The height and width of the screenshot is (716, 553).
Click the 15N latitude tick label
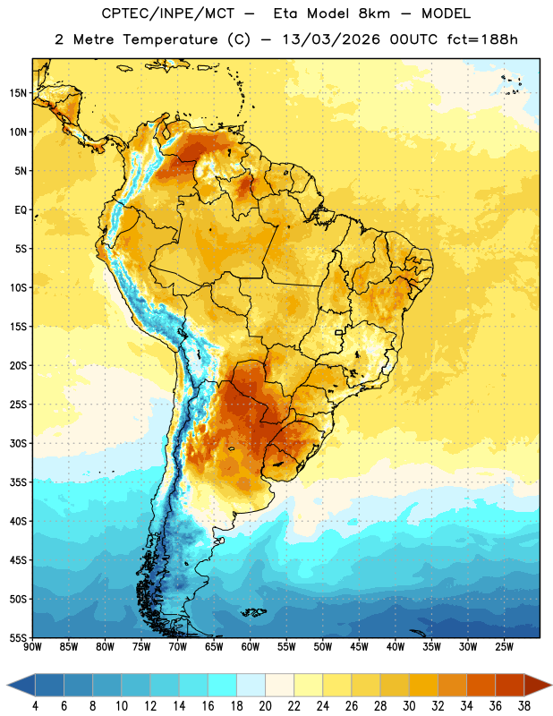[x=18, y=93]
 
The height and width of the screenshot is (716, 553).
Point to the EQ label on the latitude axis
[x=21, y=210]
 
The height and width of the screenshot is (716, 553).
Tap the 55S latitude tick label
[x=18, y=638]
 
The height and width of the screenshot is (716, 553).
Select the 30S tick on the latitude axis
[x=18, y=443]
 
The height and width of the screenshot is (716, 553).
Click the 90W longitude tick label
[x=32, y=647]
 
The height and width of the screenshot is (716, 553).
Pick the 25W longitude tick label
[x=504, y=647]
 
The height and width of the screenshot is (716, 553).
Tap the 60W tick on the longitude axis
[x=251, y=647]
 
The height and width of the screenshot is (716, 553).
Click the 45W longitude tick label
[x=359, y=647]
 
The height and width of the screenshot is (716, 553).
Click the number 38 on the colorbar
[x=524, y=706]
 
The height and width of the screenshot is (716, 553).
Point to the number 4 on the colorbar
[x=35, y=706]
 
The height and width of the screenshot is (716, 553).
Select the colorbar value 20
[x=265, y=706]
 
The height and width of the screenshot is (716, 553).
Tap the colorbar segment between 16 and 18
[x=223, y=685]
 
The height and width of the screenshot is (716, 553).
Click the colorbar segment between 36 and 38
[x=510, y=685]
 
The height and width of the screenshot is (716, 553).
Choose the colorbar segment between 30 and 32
[x=423, y=685]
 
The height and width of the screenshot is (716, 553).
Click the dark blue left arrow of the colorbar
[x=21, y=685]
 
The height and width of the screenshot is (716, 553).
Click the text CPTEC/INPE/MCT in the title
[x=168, y=13]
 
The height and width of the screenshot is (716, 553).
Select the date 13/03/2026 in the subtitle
[x=331, y=39]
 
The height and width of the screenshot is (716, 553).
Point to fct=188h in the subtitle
[x=482, y=39]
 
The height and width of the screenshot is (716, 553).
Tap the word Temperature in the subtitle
[x=170, y=39]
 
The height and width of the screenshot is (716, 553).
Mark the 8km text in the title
[x=374, y=13]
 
